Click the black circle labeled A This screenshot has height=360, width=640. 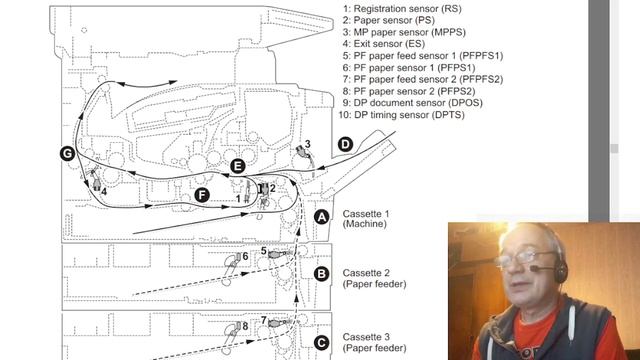pyautogui.click(x=322, y=217)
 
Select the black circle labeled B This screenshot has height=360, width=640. pyautogui.click(x=322, y=274)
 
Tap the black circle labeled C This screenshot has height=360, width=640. pyautogui.click(x=322, y=343)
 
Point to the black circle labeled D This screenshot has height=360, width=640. pyautogui.click(x=345, y=144)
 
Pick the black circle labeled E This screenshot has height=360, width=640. pyautogui.click(x=238, y=166)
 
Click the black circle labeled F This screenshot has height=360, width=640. pyautogui.click(x=202, y=195)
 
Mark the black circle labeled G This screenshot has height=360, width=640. pyautogui.click(x=67, y=153)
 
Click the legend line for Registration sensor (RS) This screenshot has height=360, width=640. pyautogui.click(x=402, y=9)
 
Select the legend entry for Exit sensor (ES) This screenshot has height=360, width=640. pyautogui.click(x=384, y=44)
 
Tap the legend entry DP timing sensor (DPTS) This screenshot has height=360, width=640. pyautogui.click(x=402, y=115)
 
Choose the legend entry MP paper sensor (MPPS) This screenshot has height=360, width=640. pyautogui.click(x=404, y=32)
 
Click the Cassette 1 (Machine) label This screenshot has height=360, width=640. pyautogui.click(x=366, y=219)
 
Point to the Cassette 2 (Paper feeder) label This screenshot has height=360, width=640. pyautogui.click(x=374, y=278)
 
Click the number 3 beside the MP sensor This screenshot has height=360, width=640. pyautogui.click(x=307, y=144)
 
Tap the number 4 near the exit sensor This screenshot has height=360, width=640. pyautogui.click(x=104, y=191)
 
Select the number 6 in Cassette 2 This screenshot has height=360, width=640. pyautogui.click(x=245, y=256)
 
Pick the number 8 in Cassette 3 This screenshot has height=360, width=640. pyautogui.click(x=245, y=326)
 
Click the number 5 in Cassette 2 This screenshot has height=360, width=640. pyautogui.click(x=264, y=251)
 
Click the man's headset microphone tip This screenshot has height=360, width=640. pyautogui.click(x=533, y=268)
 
